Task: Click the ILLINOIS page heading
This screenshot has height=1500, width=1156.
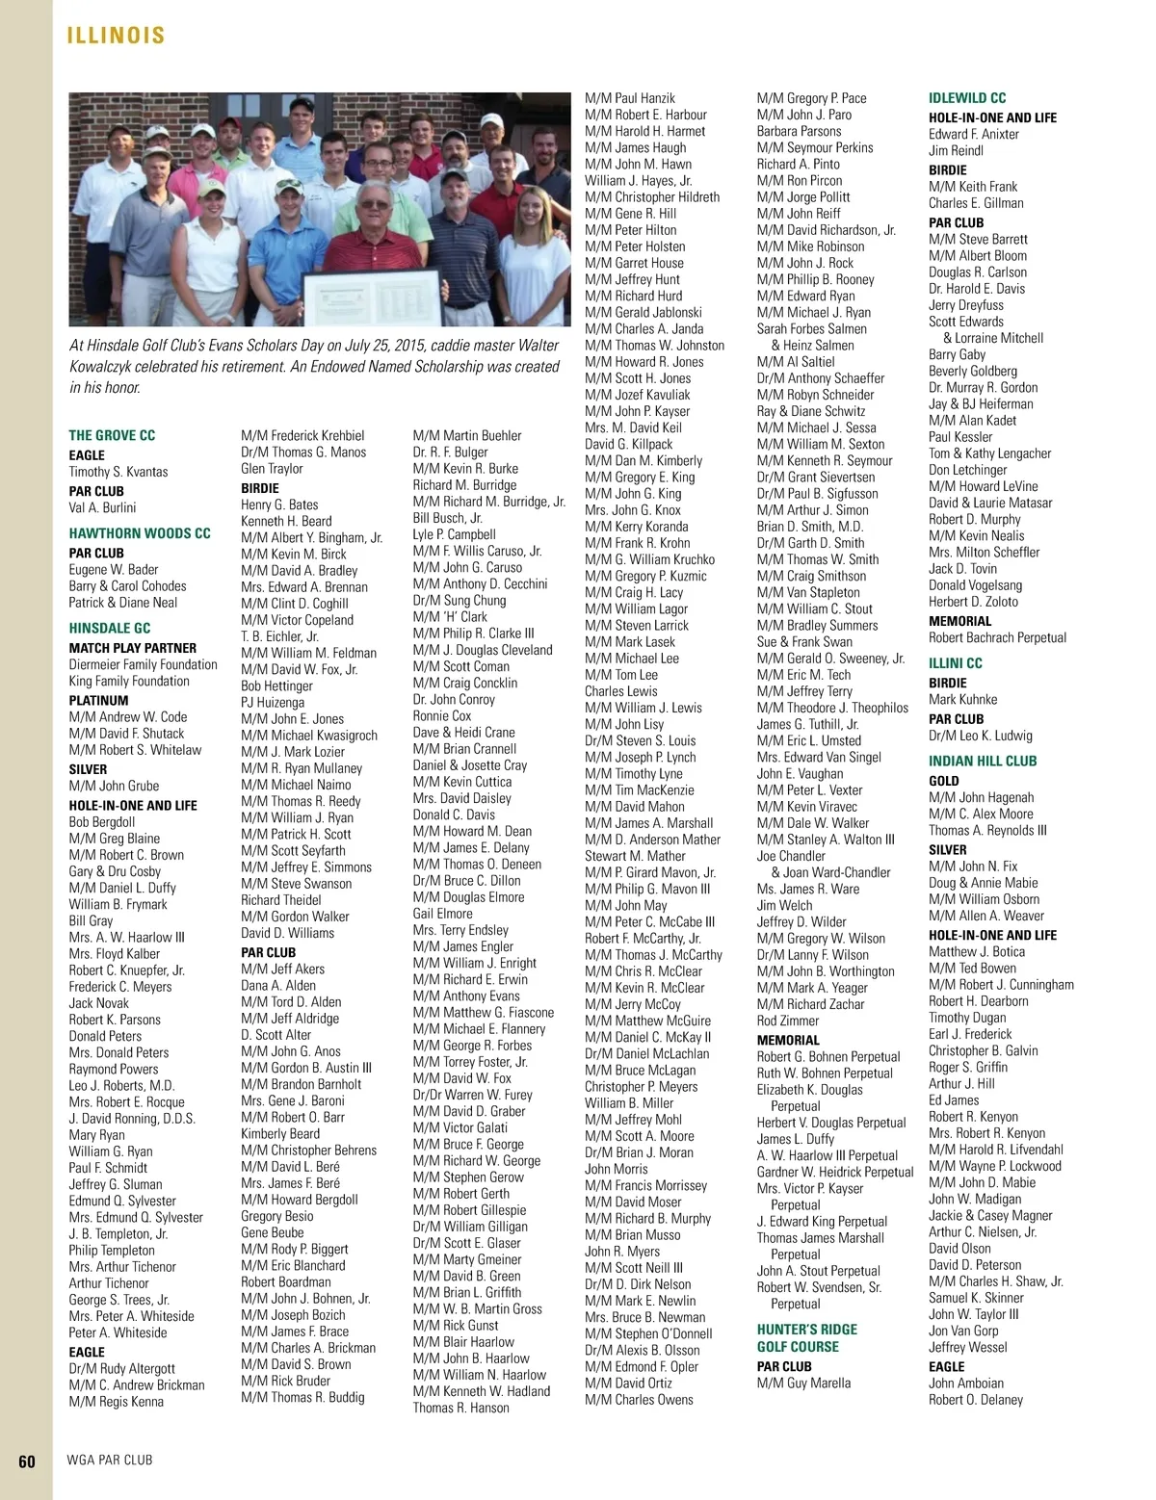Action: (x=116, y=36)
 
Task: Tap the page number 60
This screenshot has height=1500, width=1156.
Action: (x=27, y=1461)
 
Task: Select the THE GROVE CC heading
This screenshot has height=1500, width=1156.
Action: (x=112, y=435)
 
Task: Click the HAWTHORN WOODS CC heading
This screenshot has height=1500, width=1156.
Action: (x=140, y=532)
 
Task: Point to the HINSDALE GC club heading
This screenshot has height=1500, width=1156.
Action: (x=110, y=628)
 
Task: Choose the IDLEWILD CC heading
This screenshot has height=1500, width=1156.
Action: (x=967, y=98)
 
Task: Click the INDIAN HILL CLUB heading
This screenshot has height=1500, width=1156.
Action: (x=983, y=761)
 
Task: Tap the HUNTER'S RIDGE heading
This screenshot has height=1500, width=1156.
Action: (x=806, y=1330)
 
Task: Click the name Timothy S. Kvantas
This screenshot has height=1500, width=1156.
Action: (x=118, y=472)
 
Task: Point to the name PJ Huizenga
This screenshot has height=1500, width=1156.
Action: (x=273, y=703)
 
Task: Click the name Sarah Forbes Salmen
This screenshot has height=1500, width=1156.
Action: (x=811, y=328)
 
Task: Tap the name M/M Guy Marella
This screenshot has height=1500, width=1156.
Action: (x=803, y=1384)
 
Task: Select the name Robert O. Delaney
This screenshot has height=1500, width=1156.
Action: (x=976, y=1400)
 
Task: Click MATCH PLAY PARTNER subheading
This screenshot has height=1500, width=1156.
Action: (x=132, y=648)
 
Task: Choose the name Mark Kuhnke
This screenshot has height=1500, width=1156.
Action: (x=962, y=700)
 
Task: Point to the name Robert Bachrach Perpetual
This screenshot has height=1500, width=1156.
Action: (x=997, y=637)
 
